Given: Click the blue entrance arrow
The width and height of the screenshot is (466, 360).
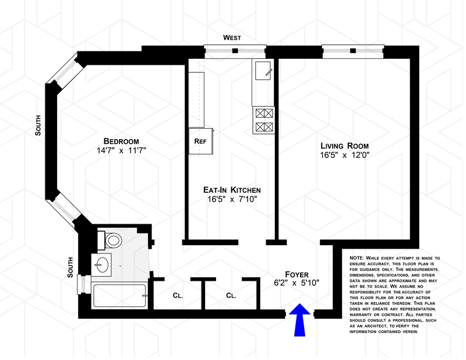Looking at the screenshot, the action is pos(299,320).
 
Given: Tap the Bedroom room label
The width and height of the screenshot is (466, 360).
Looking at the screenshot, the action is pos(121,141).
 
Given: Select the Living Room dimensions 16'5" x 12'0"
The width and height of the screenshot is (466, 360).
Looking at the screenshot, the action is pos(344,155).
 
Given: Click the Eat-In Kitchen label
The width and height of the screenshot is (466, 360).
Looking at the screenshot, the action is pos(232,190).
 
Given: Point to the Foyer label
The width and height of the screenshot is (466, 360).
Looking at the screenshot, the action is pos(296,274).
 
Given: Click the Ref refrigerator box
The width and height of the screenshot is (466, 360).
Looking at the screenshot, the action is pos(201,141).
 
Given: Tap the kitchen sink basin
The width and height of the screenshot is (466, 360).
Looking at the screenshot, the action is pos(263,70).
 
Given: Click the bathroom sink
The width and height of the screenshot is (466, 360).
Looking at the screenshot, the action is pos(101,265).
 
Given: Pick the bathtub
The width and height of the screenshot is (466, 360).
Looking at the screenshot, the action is pos(119,296).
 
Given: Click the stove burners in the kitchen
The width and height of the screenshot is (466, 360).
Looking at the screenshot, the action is pos(264,120).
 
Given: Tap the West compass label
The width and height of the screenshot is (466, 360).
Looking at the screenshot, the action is pos(232,38).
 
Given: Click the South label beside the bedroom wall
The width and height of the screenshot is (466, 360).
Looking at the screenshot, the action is pos(38,125).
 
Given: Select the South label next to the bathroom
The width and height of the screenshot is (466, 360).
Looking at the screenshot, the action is pos(70,267).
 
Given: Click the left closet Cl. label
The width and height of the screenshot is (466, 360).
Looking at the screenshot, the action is pos(178,295).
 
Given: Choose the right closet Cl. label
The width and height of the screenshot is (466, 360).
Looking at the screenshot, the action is pos(231,295).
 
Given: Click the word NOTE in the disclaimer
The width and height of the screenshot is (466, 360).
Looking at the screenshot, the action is pos(356,258).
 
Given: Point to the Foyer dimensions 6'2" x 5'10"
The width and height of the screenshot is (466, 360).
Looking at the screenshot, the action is pos(296,283).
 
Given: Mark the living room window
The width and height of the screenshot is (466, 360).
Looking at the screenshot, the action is pos(353,51).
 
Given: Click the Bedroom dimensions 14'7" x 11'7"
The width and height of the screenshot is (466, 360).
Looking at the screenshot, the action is pos(121,150).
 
